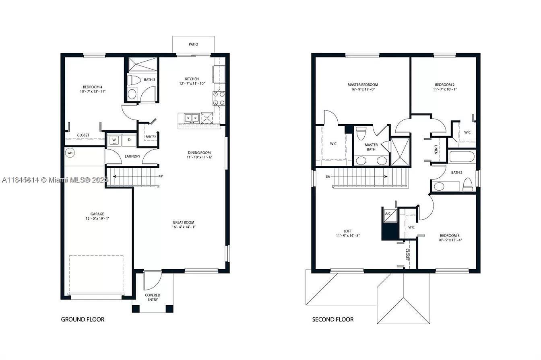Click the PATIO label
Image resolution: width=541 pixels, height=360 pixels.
point(193,44)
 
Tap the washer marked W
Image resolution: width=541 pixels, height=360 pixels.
point(114,140)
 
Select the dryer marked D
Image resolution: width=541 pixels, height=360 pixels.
point(129,140)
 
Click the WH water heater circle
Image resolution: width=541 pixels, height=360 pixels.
point(70,153)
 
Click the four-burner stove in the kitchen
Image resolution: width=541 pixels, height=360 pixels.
point(219,99)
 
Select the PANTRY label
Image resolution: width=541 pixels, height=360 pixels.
point(151,137)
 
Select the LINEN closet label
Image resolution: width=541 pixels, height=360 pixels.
point(436,150)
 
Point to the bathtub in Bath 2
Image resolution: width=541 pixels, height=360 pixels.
point(462,156)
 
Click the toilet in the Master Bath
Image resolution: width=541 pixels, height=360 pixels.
point(361,133)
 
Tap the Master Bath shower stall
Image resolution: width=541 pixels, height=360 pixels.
point(400,152)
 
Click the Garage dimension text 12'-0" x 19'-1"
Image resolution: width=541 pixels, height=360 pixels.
point(97,219)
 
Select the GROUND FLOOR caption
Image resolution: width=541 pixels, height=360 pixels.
point(83,319)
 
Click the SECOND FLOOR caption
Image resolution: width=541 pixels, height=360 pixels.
point(333,319)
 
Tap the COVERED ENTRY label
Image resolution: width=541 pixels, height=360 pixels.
point(153,297)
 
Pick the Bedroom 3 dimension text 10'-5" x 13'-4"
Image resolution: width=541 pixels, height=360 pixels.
point(450,240)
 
